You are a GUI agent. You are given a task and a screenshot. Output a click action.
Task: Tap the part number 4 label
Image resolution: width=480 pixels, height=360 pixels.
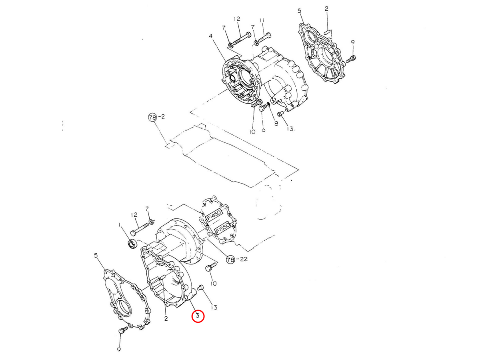click(210, 36)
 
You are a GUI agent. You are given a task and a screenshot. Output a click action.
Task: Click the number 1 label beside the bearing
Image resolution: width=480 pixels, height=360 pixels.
click(119, 226)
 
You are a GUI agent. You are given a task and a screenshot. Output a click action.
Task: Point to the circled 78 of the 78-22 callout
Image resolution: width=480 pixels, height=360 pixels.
click(230, 260)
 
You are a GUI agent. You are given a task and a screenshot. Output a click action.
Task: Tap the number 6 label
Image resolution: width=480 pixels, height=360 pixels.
click(263, 130)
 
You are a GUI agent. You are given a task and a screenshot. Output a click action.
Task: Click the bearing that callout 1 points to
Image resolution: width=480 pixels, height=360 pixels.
click(132, 243)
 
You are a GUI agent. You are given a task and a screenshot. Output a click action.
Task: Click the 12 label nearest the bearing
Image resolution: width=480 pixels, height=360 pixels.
click(134, 215)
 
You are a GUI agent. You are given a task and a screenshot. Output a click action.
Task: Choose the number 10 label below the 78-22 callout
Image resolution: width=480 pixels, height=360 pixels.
click(213, 283)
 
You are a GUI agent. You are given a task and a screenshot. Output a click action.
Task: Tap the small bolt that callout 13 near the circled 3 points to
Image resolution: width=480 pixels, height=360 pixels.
click(201, 287)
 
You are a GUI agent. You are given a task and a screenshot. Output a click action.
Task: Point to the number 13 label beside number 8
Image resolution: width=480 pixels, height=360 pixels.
click(290, 129)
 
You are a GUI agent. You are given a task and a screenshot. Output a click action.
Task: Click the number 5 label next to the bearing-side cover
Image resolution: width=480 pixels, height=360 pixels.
click(96, 255)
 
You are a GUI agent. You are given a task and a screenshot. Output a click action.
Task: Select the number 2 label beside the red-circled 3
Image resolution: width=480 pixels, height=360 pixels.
click(166, 318)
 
